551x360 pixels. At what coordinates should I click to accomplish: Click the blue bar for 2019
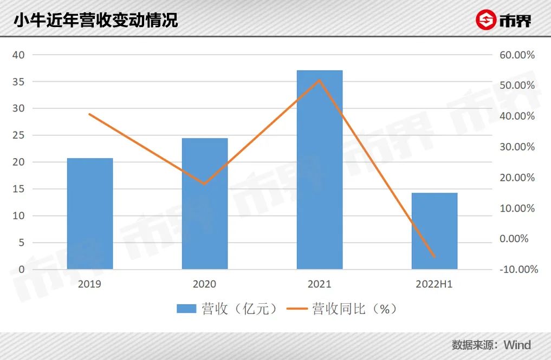point(90,213)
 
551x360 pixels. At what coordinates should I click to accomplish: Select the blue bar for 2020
point(205,204)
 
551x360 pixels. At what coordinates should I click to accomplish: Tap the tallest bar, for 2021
point(320,169)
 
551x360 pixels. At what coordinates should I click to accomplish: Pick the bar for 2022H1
point(435,231)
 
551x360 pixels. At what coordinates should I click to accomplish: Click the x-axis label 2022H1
point(434,284)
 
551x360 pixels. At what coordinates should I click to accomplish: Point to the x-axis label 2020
point(204,284)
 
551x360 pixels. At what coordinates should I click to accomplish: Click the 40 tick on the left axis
point(19,55)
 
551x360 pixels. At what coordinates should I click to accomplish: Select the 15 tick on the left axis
point(19,189)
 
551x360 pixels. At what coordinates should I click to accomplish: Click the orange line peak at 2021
point(320,80)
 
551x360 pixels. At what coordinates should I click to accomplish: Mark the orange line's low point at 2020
point(205,184)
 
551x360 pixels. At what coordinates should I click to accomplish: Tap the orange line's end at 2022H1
point(435,257)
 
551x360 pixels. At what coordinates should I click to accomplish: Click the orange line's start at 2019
point(90,114)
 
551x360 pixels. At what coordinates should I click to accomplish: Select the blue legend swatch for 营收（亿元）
point(186,309)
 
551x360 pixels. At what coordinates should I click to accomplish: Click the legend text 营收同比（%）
point(355,309)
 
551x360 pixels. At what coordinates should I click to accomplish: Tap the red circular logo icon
point(485,20)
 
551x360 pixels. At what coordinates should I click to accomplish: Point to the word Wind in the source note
point(517,345)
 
